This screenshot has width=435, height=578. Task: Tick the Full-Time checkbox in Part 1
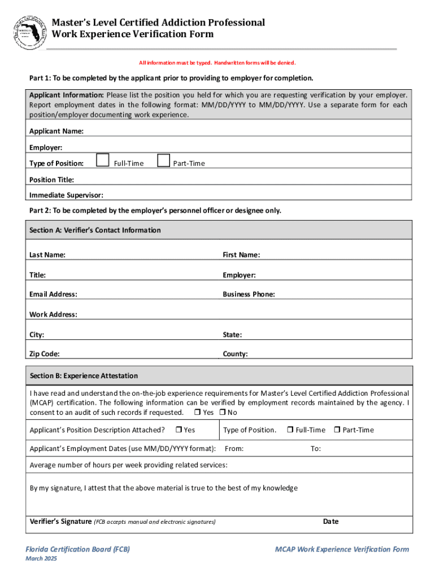click(x=102, y=161)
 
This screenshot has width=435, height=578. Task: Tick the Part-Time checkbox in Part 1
click(x=163, y=161)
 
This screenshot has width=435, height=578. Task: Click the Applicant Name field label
click(x=56, y=132)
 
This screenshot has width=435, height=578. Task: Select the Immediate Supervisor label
click(x=66, y=195)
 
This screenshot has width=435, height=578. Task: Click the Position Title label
click(x=51, y=179)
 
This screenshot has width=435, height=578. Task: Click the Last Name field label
click(x=47, y=255)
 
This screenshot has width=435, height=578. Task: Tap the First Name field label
click(x=241, y=255)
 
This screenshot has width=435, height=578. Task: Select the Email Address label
click(x=54, y=295)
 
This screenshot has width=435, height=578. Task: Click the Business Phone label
click(x=249, y=295)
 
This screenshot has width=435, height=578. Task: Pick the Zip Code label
click(x=45, y=354)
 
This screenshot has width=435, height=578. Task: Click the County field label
click(x=235, y=354)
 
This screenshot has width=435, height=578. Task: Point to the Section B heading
click(x=84, y=376)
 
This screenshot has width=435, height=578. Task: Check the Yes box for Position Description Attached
click(x=178, y=430)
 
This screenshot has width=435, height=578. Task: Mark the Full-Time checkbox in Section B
click(x=290, y=430)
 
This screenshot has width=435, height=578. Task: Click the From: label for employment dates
click(x=234, y=449)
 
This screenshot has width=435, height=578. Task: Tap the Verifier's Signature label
click(x=60, y=522)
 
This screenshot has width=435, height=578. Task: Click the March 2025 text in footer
click(x=41, y=559)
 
